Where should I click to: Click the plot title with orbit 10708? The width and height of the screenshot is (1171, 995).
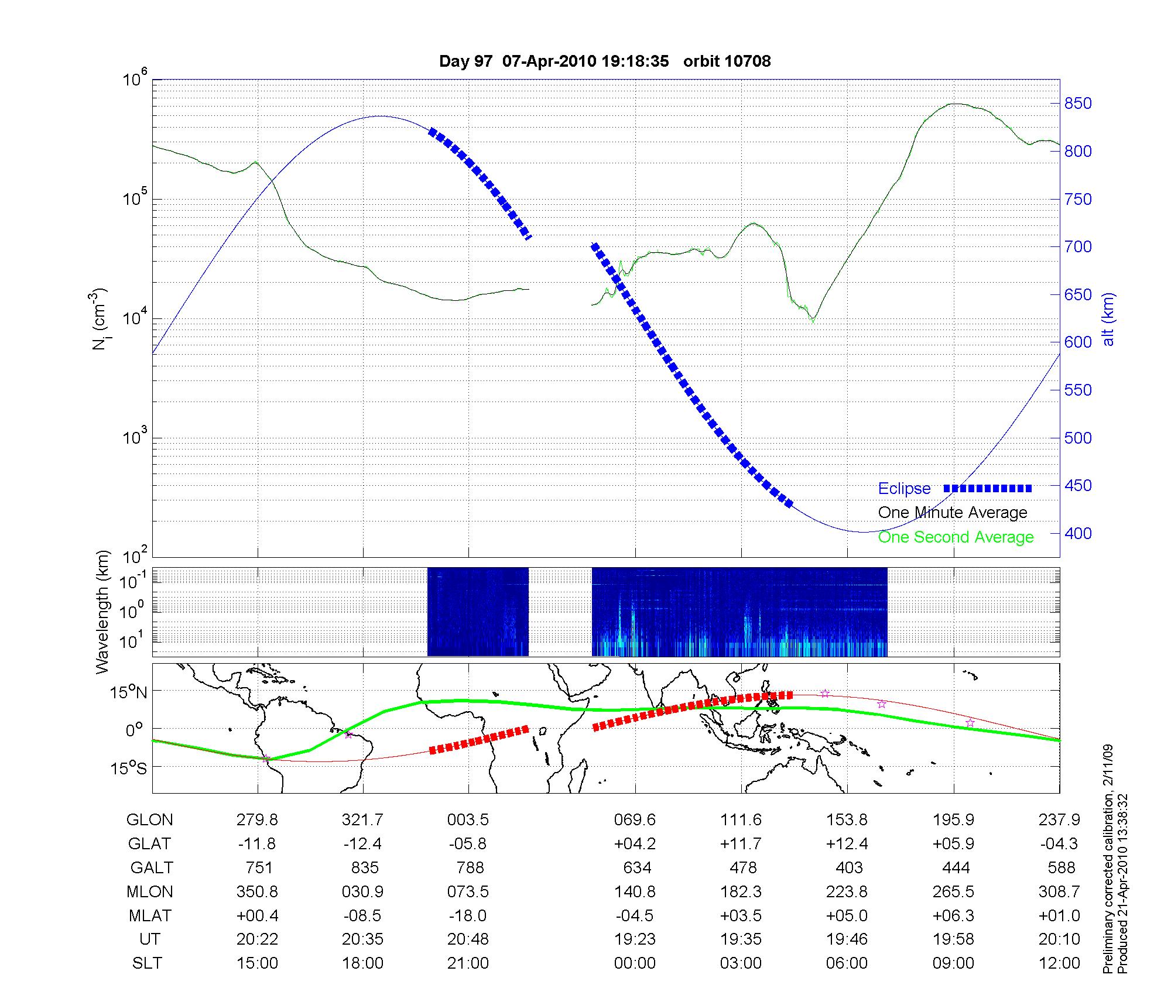605,61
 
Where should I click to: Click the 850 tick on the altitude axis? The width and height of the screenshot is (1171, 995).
1078,104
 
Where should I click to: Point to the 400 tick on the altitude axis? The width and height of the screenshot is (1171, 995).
1078,533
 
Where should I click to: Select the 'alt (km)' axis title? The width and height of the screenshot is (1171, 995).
1108,319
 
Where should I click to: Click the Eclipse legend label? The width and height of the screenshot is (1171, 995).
904,489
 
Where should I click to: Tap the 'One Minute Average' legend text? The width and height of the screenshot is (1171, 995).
953,513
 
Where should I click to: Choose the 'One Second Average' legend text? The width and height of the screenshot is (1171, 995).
956,537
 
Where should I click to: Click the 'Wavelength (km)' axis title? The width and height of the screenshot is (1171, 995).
103,612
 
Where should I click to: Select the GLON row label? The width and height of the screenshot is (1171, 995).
149,820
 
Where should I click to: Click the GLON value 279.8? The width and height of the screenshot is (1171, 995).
257,820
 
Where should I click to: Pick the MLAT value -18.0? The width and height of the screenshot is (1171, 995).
468,915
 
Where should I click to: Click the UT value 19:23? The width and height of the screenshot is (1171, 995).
635,939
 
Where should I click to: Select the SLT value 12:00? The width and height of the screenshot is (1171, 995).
1059,963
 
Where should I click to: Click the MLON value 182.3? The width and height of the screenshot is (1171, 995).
741,891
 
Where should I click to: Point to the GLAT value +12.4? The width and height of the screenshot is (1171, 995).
847,844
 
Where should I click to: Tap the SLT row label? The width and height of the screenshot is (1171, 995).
147,963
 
